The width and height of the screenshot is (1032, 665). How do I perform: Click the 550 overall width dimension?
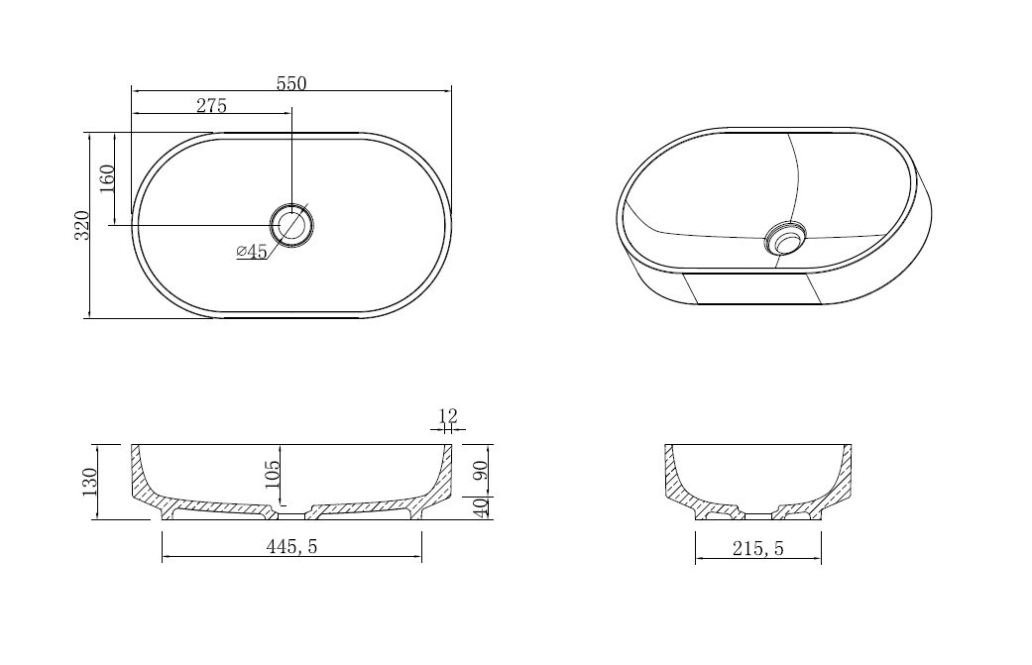click(x=291, y=83)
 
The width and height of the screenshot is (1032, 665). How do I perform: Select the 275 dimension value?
click(x=211, y=105)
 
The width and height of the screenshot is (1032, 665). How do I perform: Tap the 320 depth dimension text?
click(x=81, y=225)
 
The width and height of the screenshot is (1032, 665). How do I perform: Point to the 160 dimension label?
click(x=107, y=178)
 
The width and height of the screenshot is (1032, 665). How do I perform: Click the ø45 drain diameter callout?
click(x=252, y=252)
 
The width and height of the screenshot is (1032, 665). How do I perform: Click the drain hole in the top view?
click(x=292, y=224)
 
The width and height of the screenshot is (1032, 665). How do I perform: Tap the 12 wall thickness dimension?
click(x=447, y=415)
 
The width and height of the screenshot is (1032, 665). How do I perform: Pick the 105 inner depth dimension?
click(x=272, y=475)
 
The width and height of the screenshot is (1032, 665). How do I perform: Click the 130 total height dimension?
click(x=89, y=482)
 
